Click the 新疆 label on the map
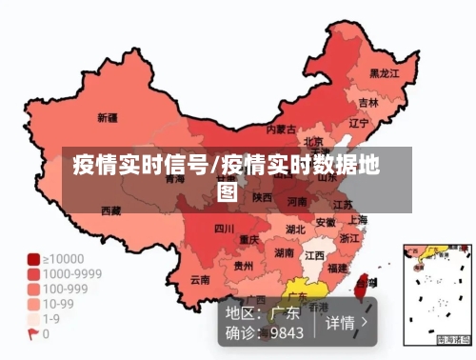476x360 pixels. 108,119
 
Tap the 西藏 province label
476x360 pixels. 111,210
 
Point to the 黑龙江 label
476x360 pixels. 386,71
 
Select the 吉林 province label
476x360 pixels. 368,101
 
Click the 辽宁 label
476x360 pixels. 359,123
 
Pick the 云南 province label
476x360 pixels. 200,280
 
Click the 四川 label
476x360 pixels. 224,229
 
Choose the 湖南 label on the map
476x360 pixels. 284,253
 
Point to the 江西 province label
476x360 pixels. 314,255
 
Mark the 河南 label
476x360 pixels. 297,202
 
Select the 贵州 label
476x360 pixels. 244,267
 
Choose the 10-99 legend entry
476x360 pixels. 56,304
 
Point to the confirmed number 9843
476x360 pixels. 287,332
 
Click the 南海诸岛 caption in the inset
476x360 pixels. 453,340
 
